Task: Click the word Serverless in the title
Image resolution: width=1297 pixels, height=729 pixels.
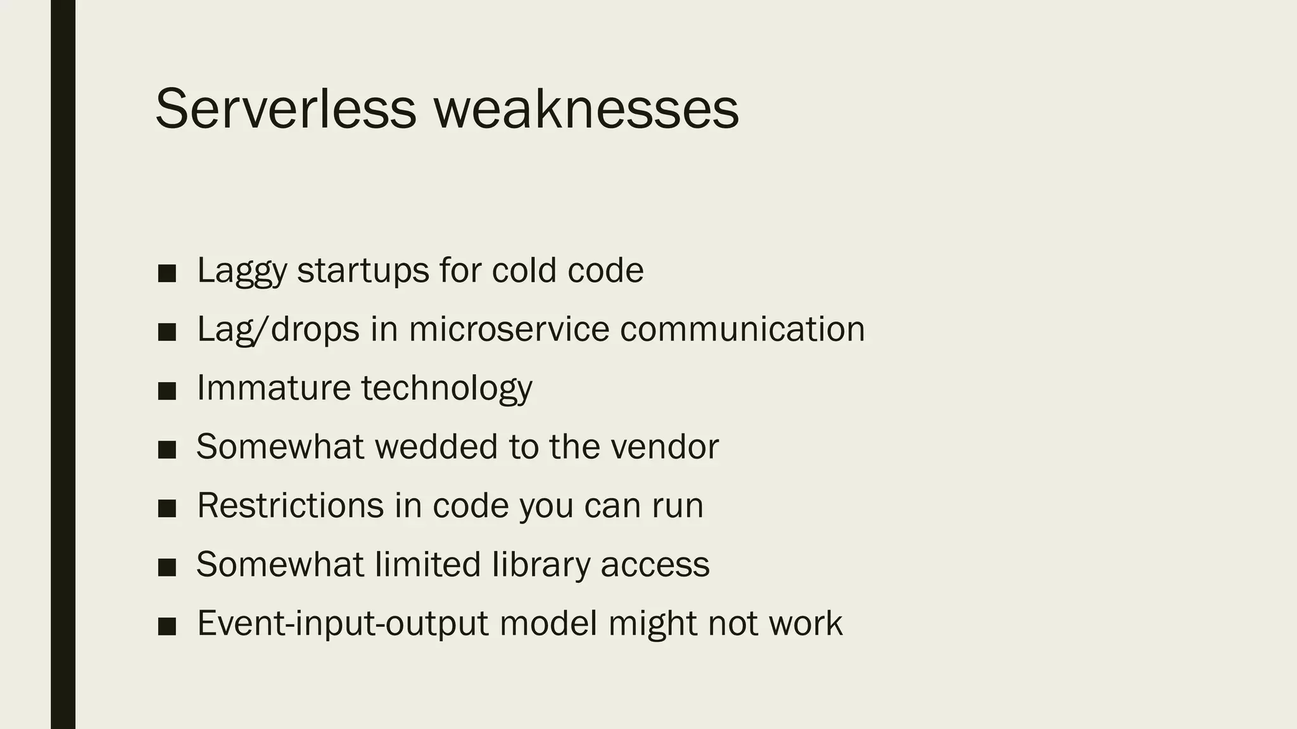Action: (x=286, y=109)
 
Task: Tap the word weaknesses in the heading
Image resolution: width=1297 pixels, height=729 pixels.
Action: (x=586, y=109)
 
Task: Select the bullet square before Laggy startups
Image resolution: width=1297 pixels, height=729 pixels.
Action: (x=167, y=273)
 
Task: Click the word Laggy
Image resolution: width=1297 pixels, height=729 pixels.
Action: (x=242, y=271)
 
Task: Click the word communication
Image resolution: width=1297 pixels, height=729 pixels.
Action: (x=742, y=329)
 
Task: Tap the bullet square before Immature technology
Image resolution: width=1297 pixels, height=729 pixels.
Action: (x=167, y=391)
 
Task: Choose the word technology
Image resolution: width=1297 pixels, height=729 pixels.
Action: (x=447, y=389)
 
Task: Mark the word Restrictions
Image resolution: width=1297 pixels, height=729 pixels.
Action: (x=291, y=506)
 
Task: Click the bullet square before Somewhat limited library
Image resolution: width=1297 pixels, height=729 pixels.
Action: (x=167, y=568)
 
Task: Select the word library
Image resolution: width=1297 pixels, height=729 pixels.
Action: (x=541, y=565)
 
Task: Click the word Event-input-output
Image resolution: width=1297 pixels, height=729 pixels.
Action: (x=343, y=624)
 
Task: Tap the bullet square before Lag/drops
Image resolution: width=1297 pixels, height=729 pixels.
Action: (x=167, y=332)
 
